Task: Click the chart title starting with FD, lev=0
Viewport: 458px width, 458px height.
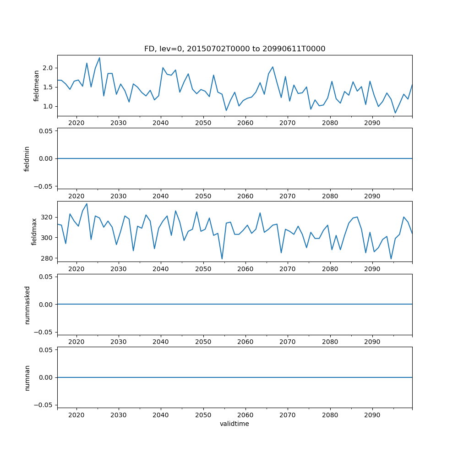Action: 234,49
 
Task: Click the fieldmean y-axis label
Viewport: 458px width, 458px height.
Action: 36,86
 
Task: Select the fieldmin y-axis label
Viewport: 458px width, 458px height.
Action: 27,158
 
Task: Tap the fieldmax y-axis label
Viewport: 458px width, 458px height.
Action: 34,231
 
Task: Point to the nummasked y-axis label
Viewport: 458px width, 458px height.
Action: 27,305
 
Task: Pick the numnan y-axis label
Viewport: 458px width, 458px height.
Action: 27,377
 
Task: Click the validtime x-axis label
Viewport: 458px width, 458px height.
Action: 234,424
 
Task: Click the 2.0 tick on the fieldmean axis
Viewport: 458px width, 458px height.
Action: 48,68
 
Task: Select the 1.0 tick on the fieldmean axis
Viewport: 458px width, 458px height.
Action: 48,106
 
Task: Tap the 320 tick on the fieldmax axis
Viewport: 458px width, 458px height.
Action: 47,217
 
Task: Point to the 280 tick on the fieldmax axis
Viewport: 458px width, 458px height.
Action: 47,258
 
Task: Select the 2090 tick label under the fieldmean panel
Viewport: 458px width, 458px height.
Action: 372,123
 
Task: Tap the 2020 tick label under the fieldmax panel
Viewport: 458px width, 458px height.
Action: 76,269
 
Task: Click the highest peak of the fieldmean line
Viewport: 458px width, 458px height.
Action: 99,58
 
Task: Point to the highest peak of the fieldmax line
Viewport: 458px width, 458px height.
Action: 87,204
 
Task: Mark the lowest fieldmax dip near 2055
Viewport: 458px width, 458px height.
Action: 222,259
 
